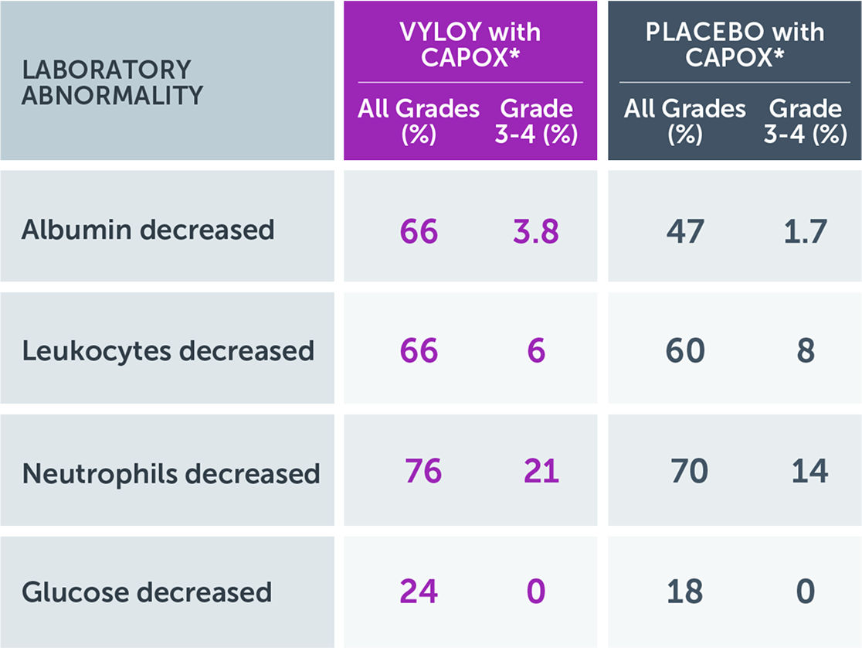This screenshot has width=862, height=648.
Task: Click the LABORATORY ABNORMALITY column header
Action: [x=112, y=82]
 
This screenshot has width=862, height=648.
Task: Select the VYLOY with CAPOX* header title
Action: [x=470, y=44]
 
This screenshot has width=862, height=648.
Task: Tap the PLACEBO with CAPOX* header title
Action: [x=734, y=44]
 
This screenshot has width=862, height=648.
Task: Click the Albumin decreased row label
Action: [x=148, y=230]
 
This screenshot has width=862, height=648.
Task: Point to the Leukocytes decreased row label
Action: [x=168, y=351]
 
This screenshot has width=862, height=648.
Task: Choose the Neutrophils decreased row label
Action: [x=171, y=472]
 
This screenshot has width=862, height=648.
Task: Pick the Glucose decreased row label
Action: [x=147, y=592]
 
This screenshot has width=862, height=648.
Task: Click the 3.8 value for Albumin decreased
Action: [x=535, y=231]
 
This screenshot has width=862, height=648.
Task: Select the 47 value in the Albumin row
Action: [x=684, y=231]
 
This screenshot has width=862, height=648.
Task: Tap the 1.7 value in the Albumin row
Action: [x=805, y=231]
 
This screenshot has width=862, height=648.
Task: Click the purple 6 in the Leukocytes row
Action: [x=536, y=352]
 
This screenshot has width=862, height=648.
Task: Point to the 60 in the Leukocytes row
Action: [x=684, y=352]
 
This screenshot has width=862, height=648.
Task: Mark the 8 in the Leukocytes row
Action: [x=806, y=352]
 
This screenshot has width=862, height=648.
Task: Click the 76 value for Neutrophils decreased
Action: [x=423, y=472]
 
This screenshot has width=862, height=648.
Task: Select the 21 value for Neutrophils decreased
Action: [x=541, y=472]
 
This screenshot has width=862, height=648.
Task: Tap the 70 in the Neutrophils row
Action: [x=688, y=472]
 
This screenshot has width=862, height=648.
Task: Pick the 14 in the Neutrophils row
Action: [x=809, y=472]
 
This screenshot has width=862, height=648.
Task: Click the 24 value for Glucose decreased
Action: [x=419, y=592]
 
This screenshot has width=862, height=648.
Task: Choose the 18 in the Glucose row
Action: [x=684, y=592]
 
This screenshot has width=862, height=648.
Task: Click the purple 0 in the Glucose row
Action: [x=536, y=592]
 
